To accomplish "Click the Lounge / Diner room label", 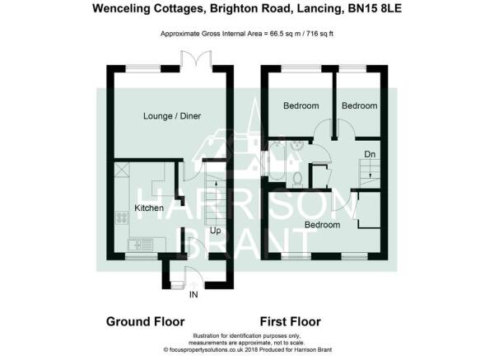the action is tap(172, 116).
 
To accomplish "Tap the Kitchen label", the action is tap(149, 208).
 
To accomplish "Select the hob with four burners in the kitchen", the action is tap(122, 217).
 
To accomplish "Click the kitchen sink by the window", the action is tap(140, 245).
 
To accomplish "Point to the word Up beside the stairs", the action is tap(215, 231).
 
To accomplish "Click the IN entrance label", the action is tap(193, 294).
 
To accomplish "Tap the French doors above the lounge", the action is tap(196, 59).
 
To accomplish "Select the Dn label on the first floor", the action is tap(370, 154).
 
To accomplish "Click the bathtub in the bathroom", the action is tap(277, 161).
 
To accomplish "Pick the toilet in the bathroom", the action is tap(297, 180).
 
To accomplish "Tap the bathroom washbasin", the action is tap(296, 146).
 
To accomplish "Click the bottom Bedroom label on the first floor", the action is tap(322, 225).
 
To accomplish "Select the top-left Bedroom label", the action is tap(301, 105).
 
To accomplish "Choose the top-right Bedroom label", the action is tap(360, 105).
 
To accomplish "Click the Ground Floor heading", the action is tap(145, 321).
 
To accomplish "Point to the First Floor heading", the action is tap(290, 321).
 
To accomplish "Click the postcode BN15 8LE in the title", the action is tap(375, 8).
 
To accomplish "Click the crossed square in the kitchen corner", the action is tap(122, 169).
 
